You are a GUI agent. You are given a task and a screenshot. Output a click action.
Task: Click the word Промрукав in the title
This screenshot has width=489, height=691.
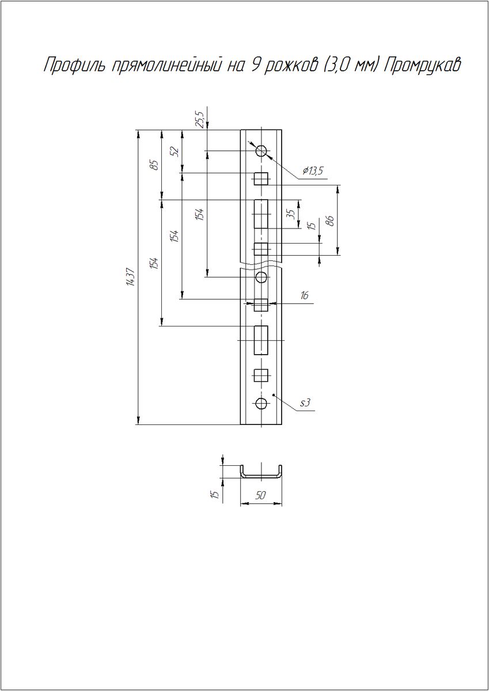[422, 66]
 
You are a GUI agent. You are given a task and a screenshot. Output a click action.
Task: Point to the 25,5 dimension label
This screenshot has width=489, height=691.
[201, 120]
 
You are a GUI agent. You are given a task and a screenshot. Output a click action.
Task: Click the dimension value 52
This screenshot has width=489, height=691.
[176, 151]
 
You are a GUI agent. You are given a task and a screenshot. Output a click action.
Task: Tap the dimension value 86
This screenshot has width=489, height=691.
[331, 221]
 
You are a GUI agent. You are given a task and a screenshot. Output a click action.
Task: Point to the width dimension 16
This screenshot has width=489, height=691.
[304, 295]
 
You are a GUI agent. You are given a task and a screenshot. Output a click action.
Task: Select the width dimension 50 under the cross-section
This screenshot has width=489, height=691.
[261, 495]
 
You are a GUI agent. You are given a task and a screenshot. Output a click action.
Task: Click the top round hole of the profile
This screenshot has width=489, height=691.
[261, 151]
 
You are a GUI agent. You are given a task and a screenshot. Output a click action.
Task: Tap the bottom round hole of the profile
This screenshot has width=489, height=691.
[261, 403]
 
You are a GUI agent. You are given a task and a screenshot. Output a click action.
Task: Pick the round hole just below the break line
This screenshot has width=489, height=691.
[261, 277]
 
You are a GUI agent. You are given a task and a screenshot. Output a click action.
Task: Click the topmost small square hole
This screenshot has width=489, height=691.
[261, 179]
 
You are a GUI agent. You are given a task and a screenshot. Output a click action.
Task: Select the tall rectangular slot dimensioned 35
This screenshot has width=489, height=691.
[261, 214]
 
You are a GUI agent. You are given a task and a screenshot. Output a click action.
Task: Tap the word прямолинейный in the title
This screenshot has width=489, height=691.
[166, 66]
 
